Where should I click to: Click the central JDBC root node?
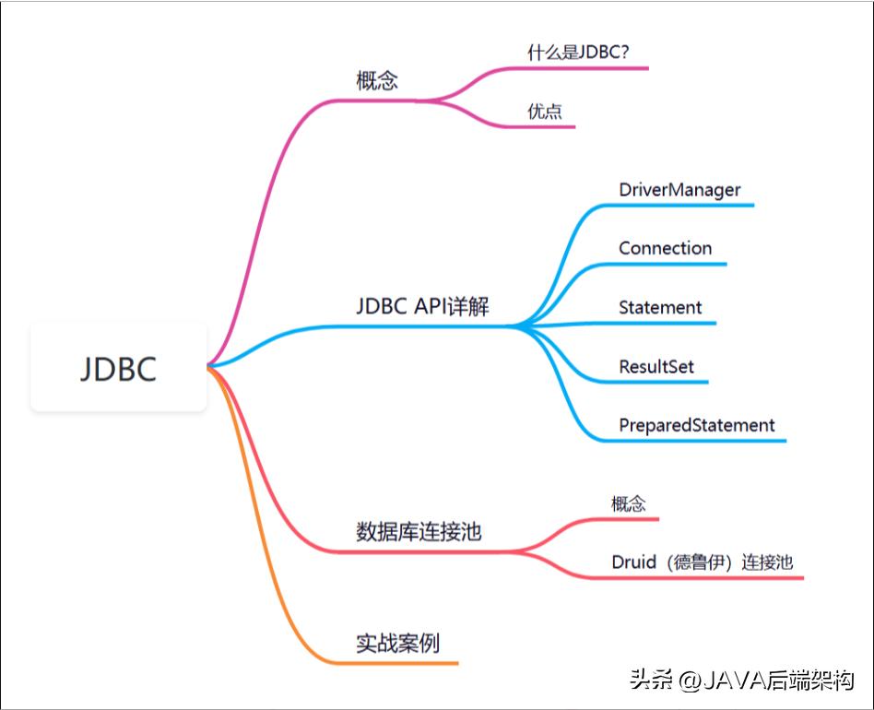coord(118,368)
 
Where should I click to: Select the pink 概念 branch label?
coord(377,80)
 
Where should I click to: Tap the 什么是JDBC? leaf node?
coord(578,53)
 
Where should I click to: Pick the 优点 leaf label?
coord(545,112)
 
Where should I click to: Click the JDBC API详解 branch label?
coord(422,307)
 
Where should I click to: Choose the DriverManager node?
coord(679,190)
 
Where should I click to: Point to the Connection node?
coord(665,248)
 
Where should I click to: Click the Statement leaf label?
coord(660,307)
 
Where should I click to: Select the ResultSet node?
coord(656,366)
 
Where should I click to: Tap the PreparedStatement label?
coord(697,425)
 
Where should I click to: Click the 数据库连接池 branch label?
coord(419,532)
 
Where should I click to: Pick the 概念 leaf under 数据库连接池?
coord(629,503)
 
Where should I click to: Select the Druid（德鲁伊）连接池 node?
coord(702,562)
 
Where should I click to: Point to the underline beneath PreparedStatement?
coord(701,441)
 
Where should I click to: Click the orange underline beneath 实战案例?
coord(406,663)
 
